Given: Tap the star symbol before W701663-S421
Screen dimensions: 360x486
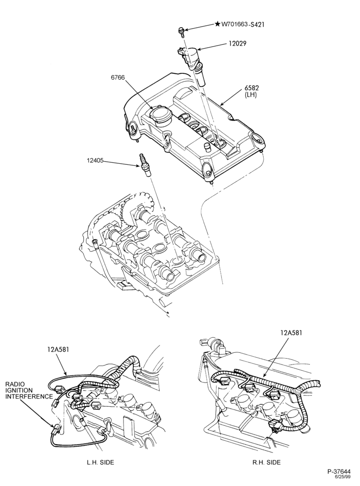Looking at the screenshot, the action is (x=217, y=23).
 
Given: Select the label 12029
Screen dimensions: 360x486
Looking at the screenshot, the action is (x=237, y=43).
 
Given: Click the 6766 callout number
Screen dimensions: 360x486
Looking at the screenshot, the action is (x=118, y=78).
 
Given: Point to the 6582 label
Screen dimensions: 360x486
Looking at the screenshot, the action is (x=251, y=89).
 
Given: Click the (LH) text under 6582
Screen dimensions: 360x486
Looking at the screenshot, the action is (x=251, y=95).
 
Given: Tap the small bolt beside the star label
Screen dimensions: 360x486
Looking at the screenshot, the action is (x=181, y=32).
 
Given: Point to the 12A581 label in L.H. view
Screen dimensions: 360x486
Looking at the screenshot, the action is (x=58, y=349).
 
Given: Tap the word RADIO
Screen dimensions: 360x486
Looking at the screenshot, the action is (x=15, y=384).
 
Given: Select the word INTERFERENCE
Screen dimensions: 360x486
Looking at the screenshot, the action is (x=29, y=396).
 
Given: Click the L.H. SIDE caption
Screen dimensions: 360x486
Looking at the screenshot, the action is (x=100, y=463).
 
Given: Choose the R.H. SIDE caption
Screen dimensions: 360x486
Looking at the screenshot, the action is (x=266, y=463).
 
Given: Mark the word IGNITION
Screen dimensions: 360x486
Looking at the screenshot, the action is (x=18, y=390).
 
